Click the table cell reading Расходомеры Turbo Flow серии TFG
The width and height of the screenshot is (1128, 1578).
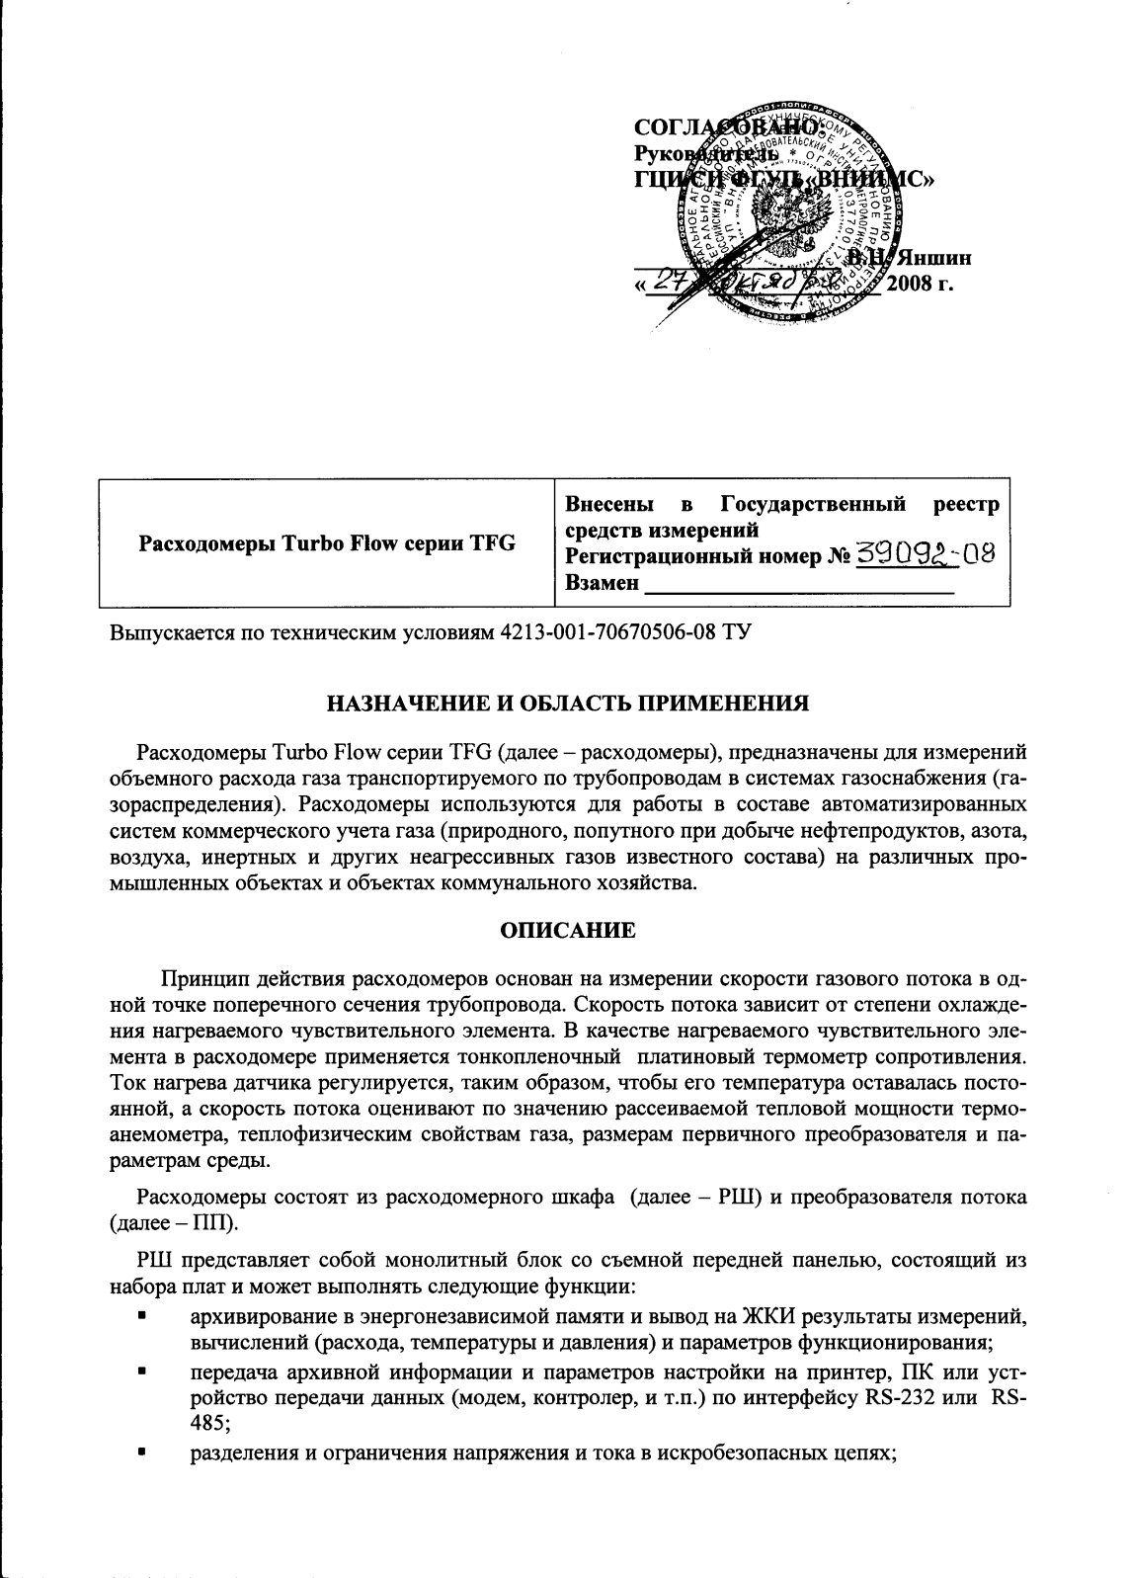(x=327, y=543)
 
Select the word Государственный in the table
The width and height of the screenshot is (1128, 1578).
(x=813, y=505)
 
